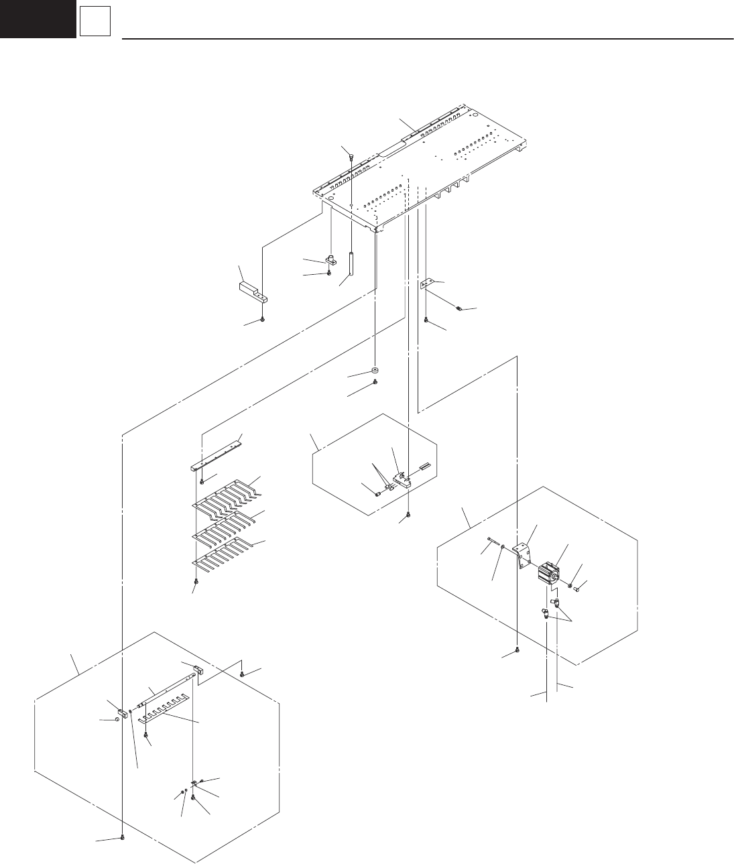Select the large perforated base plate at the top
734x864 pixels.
(429, 168)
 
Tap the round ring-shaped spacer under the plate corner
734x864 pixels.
(374, 371)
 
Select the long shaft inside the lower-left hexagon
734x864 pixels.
(168, 694)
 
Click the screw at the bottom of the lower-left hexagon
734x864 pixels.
(123, 838)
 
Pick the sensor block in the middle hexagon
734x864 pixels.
(400, 478)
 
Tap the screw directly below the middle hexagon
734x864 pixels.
(409, 515)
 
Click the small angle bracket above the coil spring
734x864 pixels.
(427, 284)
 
